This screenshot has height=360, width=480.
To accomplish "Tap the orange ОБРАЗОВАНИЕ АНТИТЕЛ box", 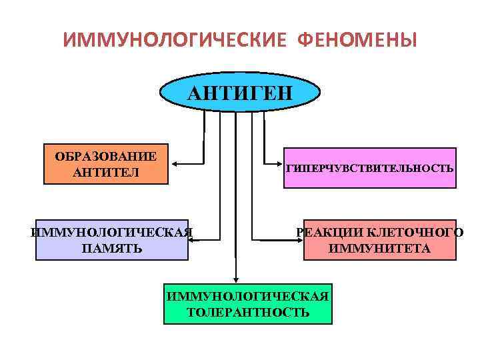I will click(105, 164).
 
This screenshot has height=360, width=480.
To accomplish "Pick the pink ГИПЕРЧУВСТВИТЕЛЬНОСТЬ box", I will click(370, 168).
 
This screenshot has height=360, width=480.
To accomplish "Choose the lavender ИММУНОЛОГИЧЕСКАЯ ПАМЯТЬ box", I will click(111, 239).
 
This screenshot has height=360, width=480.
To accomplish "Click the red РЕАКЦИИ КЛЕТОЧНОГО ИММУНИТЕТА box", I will click(379, 239).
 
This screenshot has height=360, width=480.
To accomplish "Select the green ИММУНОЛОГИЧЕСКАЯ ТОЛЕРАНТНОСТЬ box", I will click(248, 304).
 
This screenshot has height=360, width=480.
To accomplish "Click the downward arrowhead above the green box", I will click(235, 281).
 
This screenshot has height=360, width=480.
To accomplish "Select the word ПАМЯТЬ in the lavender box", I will click(111, 249).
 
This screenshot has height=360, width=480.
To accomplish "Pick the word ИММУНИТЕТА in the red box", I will click(379, 249).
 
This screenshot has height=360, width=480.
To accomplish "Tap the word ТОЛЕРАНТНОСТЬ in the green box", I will click(248, 312).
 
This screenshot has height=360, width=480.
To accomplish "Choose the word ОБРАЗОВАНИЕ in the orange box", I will click(106, 156).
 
